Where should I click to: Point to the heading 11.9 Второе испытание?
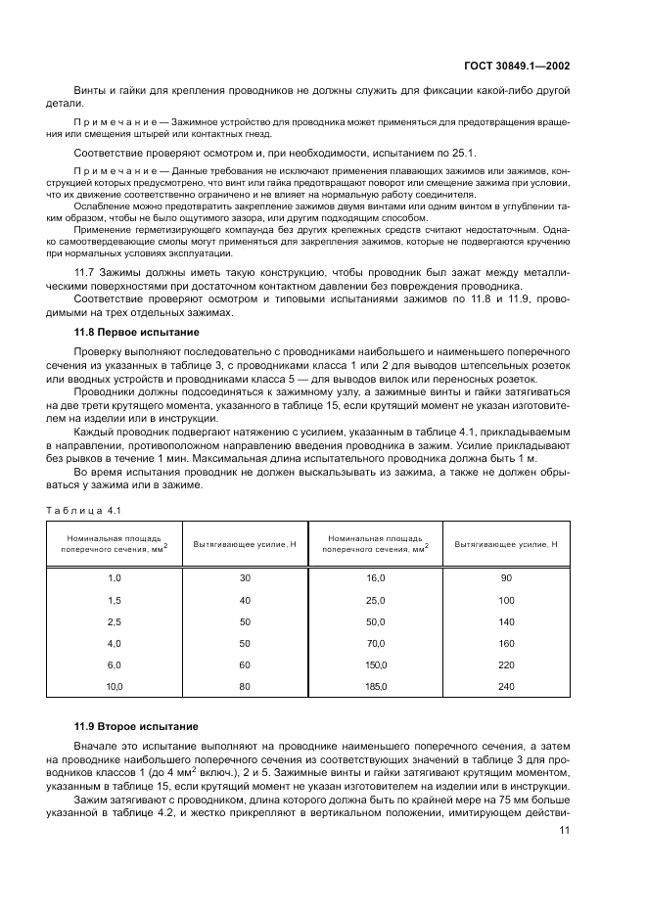pos(131,726)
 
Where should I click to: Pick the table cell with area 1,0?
pos(115,578)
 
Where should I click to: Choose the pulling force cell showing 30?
pos(246,578)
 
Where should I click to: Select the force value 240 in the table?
pos(506,688)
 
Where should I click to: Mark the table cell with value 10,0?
pos(115,688)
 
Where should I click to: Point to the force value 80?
pos(246,688)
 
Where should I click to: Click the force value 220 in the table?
pos(506,665)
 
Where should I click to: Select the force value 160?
pos(506,644)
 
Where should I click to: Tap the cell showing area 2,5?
pos(115,621)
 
